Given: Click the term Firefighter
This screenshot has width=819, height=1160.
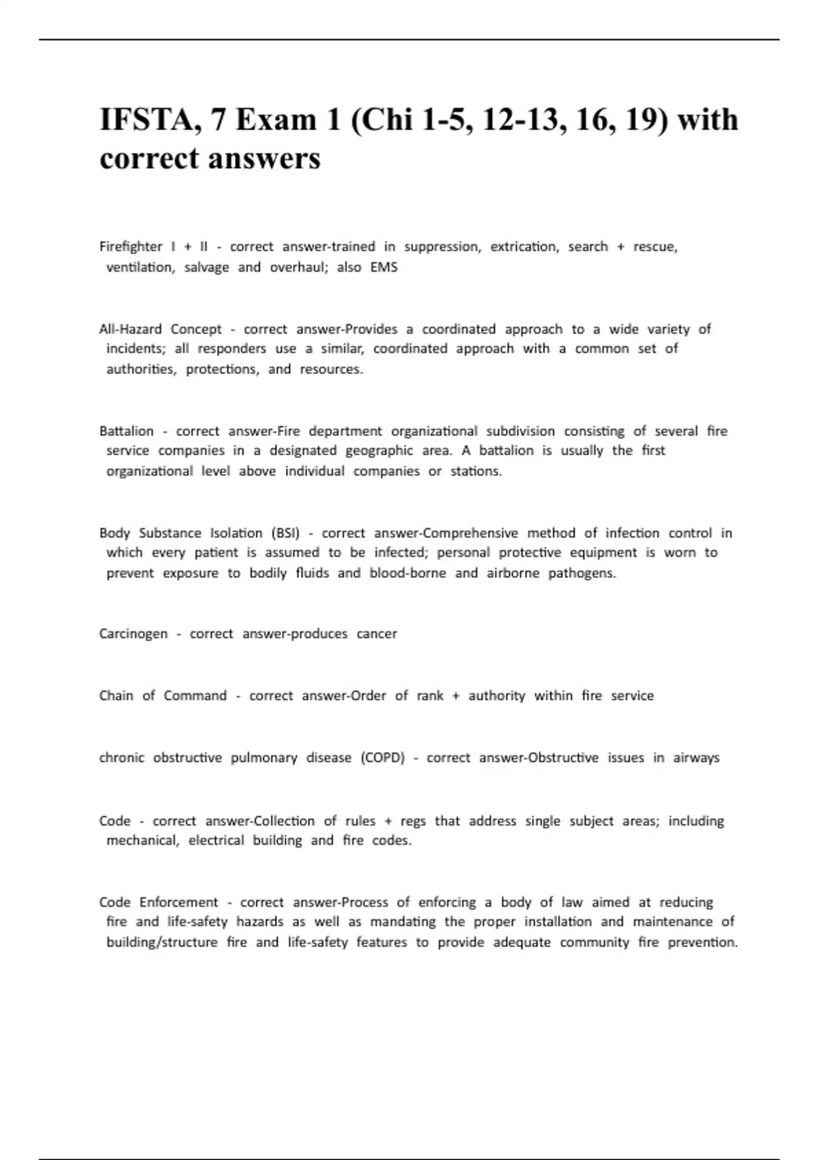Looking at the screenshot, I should pyautogui.click(x=130, y=246).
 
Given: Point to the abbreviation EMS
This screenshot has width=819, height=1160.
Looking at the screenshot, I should pyautogui.click(x=384, y=267).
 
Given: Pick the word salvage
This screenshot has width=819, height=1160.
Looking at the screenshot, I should pyautogui.click(x=206, y=267).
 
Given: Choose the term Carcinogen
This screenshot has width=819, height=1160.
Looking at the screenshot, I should pyautogui.click(x=133, y=633).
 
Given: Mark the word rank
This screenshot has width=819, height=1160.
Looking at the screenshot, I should pyautogui.click(x=429, y=695).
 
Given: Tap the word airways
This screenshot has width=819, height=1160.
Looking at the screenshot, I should pyautogui.click(x=696, y=757).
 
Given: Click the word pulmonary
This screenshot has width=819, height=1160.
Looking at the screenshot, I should pyautogui.click(x=263, y=757).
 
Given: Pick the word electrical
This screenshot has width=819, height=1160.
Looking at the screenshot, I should pyautogui.click(x=216, y=840).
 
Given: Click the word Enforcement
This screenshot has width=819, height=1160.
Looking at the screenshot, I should pyautogui.click(x=179, y=902).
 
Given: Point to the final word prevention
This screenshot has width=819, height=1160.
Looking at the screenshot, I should pyautogui.click(x=702, y=942).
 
